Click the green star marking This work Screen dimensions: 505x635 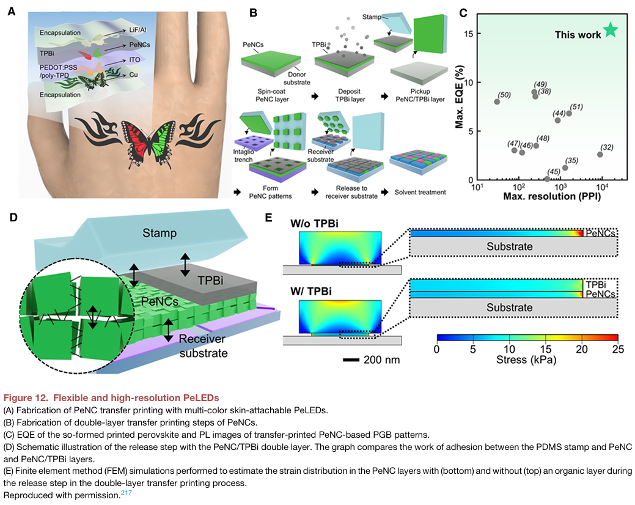611,31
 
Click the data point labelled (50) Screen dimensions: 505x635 497,101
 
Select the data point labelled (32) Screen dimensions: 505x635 600,154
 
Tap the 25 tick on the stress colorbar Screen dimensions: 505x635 617,348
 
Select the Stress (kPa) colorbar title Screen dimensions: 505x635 527,360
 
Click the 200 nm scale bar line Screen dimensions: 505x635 350,359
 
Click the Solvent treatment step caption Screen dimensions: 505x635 419,192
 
